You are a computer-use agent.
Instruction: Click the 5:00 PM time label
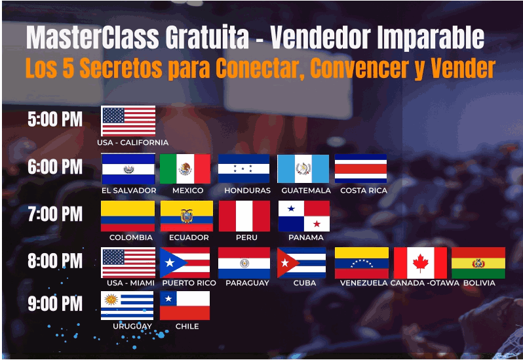point(55,119)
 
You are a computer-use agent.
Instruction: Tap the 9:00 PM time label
point(55,304)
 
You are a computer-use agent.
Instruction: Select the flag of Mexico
point(185,169)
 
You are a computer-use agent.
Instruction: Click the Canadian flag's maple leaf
point(420,263)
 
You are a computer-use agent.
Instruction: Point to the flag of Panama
point(304,216)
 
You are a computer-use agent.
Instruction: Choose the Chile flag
point(185,306)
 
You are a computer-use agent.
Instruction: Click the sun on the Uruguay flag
point(111,299)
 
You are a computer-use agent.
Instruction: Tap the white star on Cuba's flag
point(284,263)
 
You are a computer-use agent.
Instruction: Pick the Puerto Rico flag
point(185,263)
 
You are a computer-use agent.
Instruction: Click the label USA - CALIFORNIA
point(133,142)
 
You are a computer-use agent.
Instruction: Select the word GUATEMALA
point(306,191)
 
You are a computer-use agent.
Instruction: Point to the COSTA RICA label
point(364,191)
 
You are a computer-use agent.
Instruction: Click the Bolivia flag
point(478,263)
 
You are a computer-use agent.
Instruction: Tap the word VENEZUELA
point(364,283)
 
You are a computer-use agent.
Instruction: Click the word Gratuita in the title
point(207,37)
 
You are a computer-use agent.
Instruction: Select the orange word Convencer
point(360,68)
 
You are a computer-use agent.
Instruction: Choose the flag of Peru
point(244,216)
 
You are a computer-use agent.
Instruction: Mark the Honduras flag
point(244,169)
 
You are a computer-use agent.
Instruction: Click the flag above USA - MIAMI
point(128,263)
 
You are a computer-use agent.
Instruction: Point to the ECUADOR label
point(189,237)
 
